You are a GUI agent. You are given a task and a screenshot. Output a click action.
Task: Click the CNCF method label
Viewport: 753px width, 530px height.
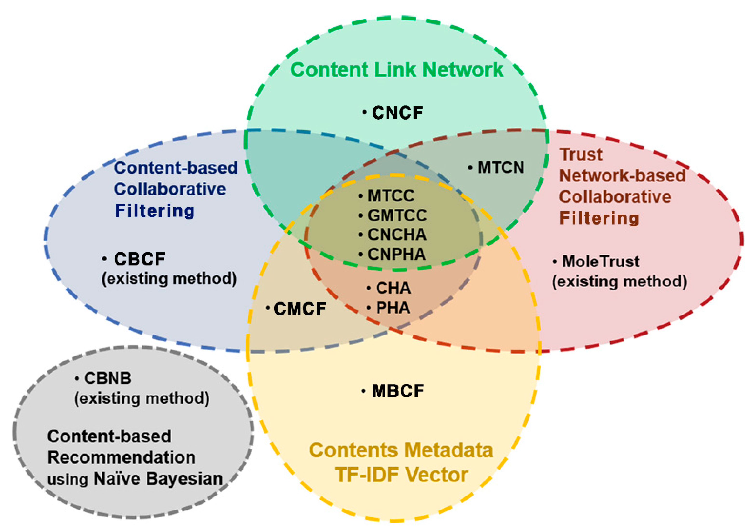point(397,113)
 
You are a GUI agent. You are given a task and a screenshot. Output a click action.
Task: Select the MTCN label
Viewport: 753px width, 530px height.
point(501,168)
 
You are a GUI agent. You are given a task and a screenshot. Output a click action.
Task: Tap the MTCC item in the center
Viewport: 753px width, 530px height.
point(391,196)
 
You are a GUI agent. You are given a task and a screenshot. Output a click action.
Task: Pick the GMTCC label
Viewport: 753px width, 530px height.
point(397,215)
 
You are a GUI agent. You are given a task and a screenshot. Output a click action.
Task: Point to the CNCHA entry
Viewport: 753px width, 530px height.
point(397,235)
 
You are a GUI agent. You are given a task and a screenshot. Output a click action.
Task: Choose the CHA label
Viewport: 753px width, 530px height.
point(393,288)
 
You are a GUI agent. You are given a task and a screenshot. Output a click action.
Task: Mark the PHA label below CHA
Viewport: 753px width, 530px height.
point(393,308)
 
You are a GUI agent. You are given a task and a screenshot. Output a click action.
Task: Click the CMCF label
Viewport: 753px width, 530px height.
point(300,309)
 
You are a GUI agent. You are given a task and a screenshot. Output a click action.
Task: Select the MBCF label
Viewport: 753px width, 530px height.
point(398,391)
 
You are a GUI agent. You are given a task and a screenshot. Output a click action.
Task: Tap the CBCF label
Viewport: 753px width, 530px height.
point(140,259)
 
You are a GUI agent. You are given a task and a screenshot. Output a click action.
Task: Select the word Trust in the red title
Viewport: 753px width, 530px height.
point(581,154)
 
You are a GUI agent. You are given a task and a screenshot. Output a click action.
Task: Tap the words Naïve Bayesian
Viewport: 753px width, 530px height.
point(158,479)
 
